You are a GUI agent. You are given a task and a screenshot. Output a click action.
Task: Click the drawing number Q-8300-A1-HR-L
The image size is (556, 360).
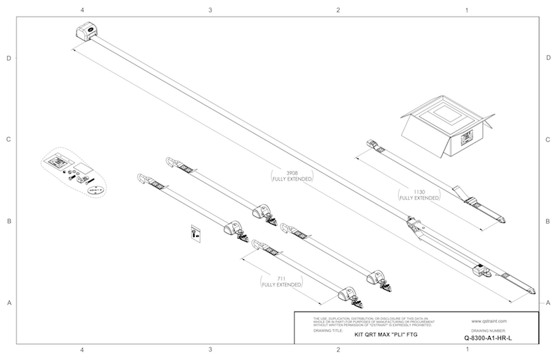tap(491, 338)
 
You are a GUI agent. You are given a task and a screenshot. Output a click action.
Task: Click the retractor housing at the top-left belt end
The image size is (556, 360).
tap(86, 31)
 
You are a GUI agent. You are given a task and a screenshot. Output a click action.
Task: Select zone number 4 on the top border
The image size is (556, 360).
tap(83, 10)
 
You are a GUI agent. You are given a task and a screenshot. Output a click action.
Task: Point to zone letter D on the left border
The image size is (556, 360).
tap(9, 58)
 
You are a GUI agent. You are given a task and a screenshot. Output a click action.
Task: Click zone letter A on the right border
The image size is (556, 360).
tap(548, 302)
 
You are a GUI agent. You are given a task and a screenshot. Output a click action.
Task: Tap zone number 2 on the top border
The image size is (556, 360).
tap(338, 10)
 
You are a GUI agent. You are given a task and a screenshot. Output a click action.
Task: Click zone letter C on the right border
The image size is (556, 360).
tap(548, 139)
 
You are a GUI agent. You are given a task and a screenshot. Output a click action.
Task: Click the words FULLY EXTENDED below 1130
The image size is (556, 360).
tap(422, 197)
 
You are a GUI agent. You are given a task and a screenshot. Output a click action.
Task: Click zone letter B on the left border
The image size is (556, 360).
tap(9, 221)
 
